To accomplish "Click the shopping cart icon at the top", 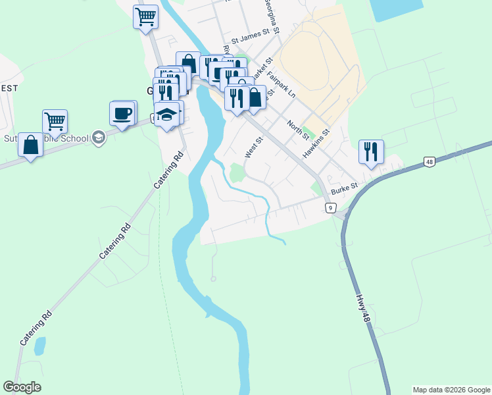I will (145, 16).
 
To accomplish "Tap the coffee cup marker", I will (122, 113).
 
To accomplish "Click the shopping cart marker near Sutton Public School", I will (55, 121).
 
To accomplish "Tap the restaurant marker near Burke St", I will (371, 151).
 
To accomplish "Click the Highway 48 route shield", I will (429, 161).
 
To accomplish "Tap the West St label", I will (254, 147).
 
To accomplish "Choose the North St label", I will (298, 129).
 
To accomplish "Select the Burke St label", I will (344, 189).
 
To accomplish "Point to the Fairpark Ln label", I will (282, 86).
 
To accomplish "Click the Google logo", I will (22, 387).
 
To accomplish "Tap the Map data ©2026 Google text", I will (451, 390).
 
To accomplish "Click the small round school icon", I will (98, 137).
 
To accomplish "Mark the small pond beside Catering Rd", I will (40, 345).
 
